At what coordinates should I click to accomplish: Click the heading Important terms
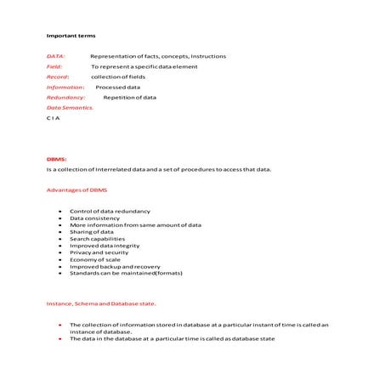coord(71,36)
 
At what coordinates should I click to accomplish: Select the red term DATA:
coord(56,56)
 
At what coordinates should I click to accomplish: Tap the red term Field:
coord(54,66)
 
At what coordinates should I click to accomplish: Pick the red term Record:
coord(58,76)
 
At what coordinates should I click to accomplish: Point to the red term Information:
coord(65,87)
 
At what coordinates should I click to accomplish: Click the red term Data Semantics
coord(70,108)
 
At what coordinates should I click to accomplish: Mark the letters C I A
coord(54,118)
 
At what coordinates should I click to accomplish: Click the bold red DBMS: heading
coord(56,159)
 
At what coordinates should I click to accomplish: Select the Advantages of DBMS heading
coord(76,190)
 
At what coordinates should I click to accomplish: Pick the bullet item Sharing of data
coord(92,231)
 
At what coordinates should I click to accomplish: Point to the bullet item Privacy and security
coord(99,252)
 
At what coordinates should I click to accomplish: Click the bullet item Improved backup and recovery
coord(115,266)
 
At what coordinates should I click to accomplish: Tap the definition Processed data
coord(118,87)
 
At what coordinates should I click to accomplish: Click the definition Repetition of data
coord(130,97)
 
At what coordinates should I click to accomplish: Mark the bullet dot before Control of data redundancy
coord(59,211)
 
